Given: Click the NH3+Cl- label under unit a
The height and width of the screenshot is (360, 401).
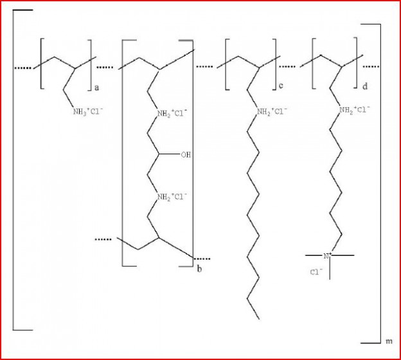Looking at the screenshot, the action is (x=88, y=112).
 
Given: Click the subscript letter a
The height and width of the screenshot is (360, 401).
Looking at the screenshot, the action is (x=96, y=88).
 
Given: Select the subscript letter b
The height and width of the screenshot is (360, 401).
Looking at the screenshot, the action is (x=199, y=269).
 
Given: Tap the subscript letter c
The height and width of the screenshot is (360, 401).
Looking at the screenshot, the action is (x=281, y=85).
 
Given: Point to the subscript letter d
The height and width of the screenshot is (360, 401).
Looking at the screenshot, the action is (x=365, y=86).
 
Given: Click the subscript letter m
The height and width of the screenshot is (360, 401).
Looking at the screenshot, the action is (x=389, y=341).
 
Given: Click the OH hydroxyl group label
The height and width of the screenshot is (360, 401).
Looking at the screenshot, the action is (x=186, y=154).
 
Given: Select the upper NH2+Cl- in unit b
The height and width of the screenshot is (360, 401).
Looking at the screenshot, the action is (x=172, y=113).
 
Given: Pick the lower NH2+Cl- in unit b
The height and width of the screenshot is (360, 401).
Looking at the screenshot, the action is (x=172, y=197).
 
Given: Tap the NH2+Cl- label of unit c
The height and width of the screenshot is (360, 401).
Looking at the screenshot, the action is (x=272, y=112).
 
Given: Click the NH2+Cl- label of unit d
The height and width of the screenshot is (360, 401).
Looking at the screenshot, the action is (x=355, y=111).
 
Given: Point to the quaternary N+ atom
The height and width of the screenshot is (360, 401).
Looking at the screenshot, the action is (x=327, y=255).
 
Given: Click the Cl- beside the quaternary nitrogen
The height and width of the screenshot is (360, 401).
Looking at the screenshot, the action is (x=316, y=272).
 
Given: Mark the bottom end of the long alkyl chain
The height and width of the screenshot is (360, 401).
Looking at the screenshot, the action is (x=259, y=319).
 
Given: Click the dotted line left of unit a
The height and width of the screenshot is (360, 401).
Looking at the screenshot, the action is (x=23, y=67).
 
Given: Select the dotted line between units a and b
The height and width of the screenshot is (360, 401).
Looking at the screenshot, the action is (x=104, y=67).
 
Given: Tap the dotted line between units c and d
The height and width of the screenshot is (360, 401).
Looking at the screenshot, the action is (x=287, y=67).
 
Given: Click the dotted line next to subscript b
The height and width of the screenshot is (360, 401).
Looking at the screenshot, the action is (x=202, y=258).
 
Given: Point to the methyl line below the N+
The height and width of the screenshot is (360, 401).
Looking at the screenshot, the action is (x=330, y=269).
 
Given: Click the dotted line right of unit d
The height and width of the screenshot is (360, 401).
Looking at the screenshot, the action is (x=371, y=67).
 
